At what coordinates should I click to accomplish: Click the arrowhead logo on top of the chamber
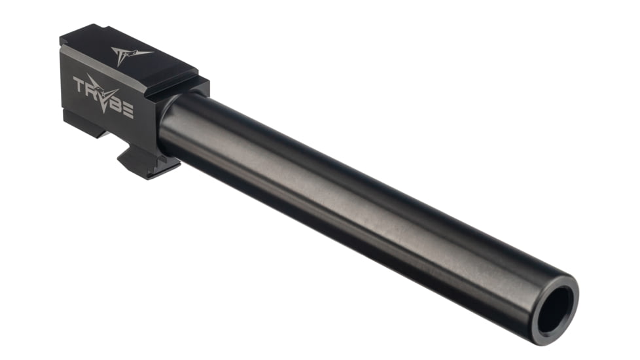click(x=128, y=54)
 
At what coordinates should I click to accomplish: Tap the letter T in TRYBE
click(x=79, y=85)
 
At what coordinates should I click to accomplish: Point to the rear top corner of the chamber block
click(x=63, y=41)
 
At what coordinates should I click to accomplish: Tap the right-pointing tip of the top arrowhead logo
click(x=152, y=52)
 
